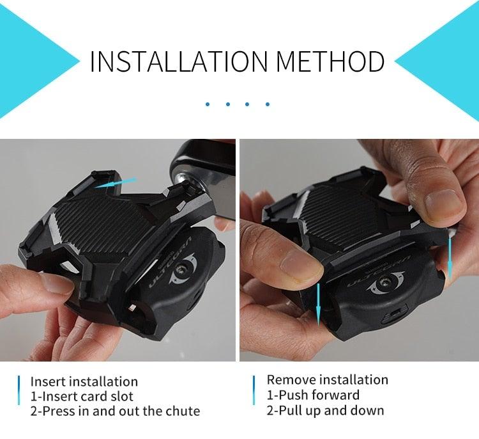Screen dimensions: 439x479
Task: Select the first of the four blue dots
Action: coord(208,103)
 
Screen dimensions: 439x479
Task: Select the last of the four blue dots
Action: coord(268,103)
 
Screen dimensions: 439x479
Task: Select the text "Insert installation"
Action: coord(84,382)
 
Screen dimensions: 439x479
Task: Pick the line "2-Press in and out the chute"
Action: coord(115,411)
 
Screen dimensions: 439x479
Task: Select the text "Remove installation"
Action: coord(327,379)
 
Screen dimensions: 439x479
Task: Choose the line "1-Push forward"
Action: coord(313,395)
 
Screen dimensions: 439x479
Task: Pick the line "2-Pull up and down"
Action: coord(325,410)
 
